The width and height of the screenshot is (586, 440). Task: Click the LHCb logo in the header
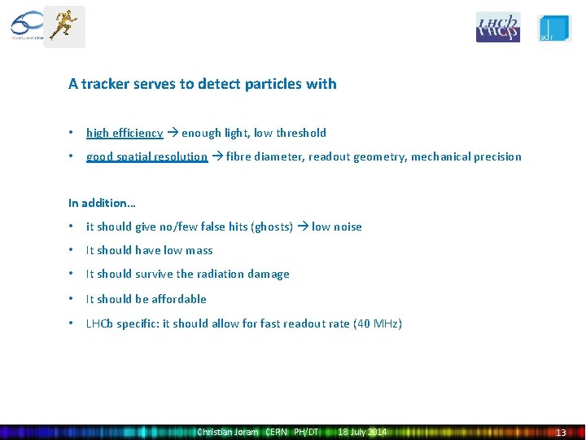497,27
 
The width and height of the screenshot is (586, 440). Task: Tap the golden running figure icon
63,26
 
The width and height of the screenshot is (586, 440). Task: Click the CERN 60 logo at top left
26,26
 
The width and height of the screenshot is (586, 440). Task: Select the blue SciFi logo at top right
555,28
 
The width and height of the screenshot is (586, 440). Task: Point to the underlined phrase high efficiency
125,133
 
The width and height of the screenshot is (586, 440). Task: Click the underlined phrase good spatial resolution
146,156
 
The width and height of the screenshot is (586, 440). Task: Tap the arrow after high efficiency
173,133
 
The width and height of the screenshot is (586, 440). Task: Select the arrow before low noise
303,227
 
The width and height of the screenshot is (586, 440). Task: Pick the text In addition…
102,202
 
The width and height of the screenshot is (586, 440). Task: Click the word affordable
179,299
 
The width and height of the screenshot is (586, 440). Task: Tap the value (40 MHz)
377,323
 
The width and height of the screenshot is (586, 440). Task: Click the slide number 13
560,433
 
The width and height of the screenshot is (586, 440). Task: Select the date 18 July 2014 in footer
363,432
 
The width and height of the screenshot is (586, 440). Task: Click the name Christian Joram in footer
228,432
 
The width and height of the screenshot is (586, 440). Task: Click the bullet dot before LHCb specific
72,323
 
